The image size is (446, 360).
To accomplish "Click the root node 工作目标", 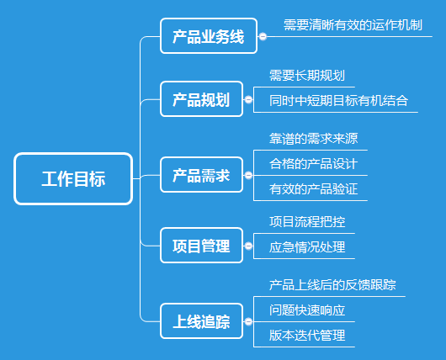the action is click(73, 178).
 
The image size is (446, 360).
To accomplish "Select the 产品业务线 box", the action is click(209, 36).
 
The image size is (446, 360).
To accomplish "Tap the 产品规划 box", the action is click(201, 99).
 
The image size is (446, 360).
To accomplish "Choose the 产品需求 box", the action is click(201, 175).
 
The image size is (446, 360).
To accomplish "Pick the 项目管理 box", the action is click(201, 246).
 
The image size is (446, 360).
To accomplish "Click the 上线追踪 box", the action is click(201, 321).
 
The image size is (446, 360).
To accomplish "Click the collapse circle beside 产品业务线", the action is click(263, 36).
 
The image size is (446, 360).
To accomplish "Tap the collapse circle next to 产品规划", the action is click(248, 99).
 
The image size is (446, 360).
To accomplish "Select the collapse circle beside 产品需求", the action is click(248, 175).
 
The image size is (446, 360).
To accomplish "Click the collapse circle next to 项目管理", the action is click(248, 246).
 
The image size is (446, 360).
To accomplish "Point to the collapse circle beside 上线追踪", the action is click(248, 321).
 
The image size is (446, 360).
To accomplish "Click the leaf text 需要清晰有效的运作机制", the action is click(353, 25).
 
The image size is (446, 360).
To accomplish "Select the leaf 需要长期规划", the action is click(307, 76).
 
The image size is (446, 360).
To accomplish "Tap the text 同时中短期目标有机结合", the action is click(338, 101).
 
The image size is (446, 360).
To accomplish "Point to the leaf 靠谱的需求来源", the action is click(313, 139).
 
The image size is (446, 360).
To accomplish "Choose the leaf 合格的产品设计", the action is click(313, 164).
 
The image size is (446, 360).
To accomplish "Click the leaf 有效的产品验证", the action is click(313, 189).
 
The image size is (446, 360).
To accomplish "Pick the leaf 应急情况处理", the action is click(307, 247).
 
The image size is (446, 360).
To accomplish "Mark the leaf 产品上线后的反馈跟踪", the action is click(332, 285).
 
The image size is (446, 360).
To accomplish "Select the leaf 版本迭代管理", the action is click(307, 336).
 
